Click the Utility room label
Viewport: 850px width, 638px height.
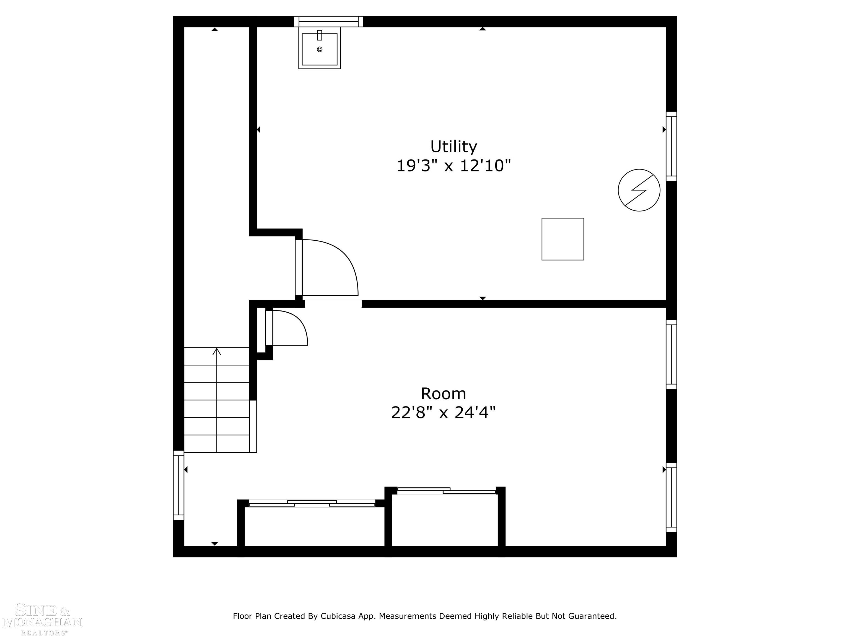point(453,146)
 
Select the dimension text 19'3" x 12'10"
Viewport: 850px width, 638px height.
point(453,166)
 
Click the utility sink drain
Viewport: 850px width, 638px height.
point(319,49)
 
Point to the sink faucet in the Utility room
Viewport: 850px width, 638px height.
point(319,35)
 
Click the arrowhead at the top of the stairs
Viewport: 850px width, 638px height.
point(217,351)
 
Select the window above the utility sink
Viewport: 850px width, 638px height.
point(328,22)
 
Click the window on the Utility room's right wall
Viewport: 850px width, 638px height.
point(671,146)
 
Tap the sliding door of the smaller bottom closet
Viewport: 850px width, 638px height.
point(446,491)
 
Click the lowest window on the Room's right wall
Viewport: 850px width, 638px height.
point(671,497)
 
